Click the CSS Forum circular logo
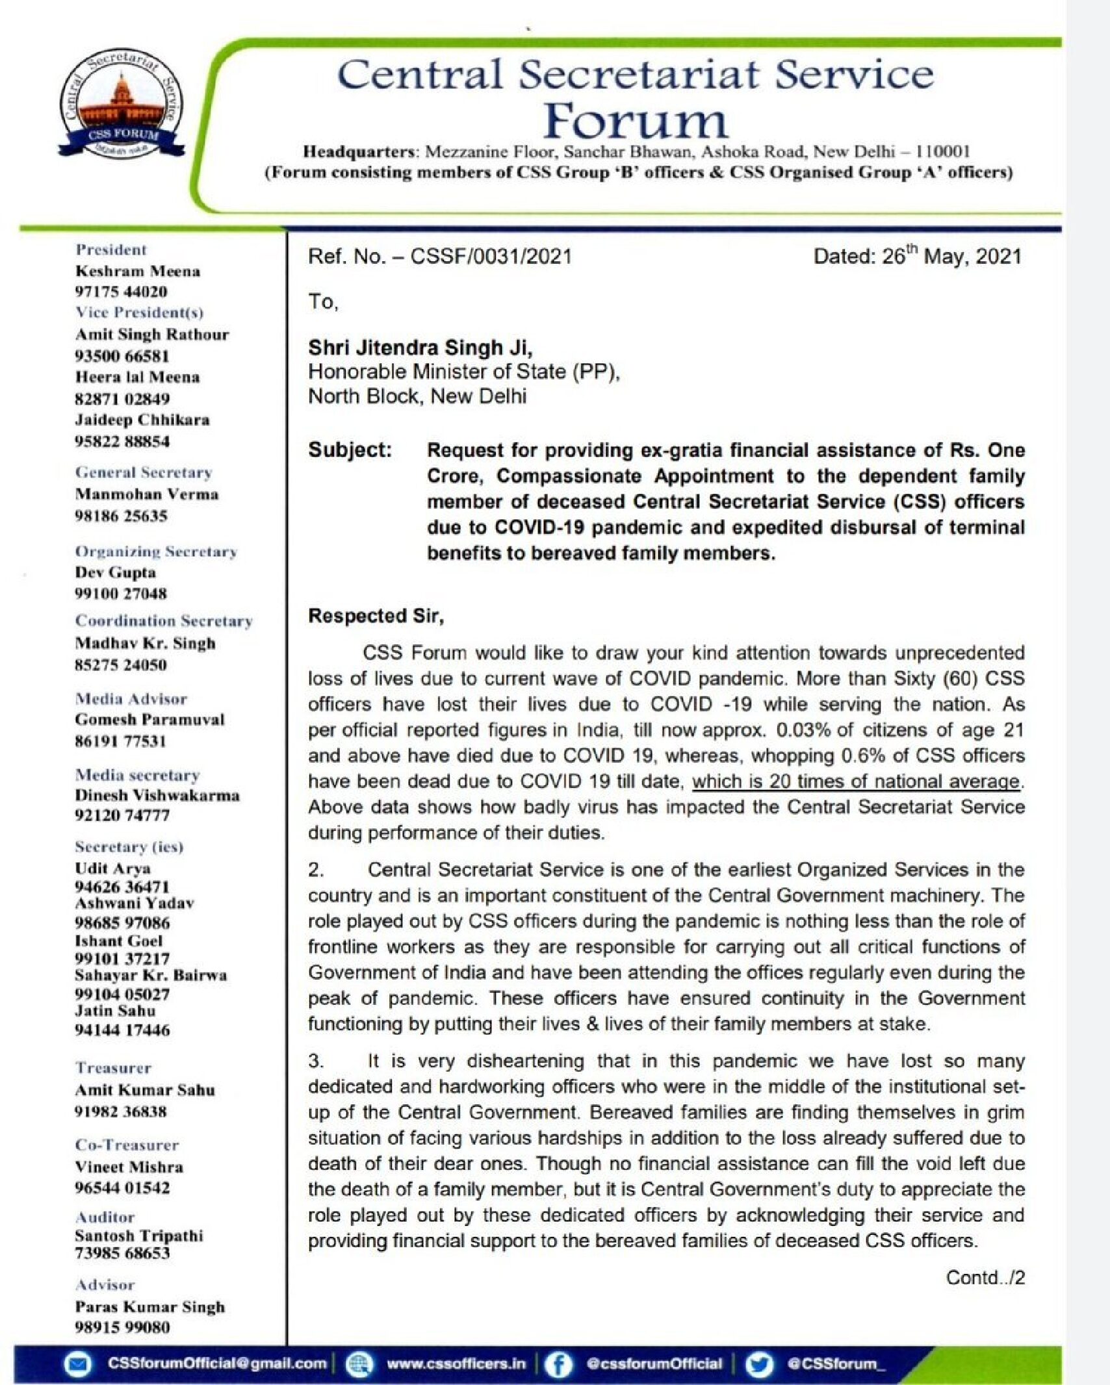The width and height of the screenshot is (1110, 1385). click(122, 103)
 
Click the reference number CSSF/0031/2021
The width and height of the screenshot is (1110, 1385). click(491, 256)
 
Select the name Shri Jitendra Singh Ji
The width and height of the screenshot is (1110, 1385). click(420, 348)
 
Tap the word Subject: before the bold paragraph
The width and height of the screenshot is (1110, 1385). click(350, 450)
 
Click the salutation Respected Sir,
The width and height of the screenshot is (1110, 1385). click(376, 615)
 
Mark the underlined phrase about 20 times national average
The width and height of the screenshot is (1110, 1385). click(855, 781)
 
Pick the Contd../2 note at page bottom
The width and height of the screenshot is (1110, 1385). click(985, 1277)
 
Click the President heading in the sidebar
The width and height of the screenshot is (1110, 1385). click(111, 249)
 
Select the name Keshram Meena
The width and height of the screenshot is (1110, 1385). click(137, 271)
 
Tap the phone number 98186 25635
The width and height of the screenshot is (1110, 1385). click(121, 516)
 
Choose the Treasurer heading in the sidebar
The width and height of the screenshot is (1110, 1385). click(113, 1068)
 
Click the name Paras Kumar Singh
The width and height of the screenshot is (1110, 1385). click(149, 1306)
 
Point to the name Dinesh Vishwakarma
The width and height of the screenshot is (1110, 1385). click(157, 795)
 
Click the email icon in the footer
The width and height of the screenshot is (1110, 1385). click(78, 1364)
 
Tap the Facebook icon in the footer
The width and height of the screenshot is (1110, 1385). click(557, 1364)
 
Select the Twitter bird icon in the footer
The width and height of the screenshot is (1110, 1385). click(758, 1364)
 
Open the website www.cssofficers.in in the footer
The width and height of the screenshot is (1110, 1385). click(456, 1364)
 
